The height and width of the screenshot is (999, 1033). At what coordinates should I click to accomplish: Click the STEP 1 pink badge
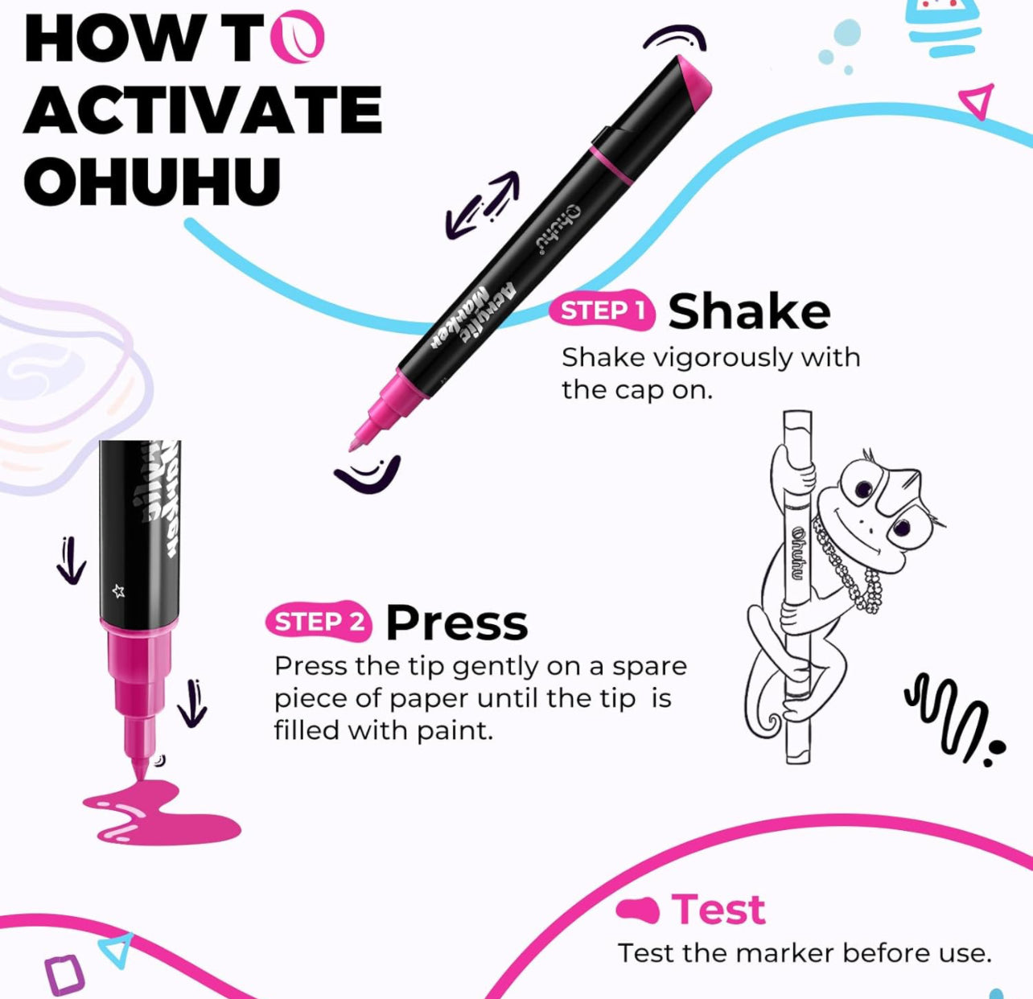tap(602, 310)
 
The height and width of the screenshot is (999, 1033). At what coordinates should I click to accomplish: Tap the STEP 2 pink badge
tap(319, 621)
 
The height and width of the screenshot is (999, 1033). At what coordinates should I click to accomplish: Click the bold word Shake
tap(749, 311)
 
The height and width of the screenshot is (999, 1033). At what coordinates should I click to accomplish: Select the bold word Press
tap(456, 623)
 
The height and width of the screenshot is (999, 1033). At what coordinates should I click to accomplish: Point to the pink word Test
tap(718, 909)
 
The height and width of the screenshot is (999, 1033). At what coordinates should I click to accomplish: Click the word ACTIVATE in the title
tap(204, 110)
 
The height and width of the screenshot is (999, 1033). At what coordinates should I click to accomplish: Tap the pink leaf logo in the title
tap(298, 37)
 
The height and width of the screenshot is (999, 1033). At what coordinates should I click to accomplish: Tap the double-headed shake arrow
tap(482, 205)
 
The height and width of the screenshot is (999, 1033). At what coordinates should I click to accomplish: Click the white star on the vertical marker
tap(118, 591)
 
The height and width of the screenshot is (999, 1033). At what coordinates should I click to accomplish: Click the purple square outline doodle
tap(64, 974)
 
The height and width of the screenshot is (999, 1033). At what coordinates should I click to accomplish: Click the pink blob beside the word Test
tap(637, 910)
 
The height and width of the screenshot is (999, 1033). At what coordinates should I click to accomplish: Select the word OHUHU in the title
tap(152, 181)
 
